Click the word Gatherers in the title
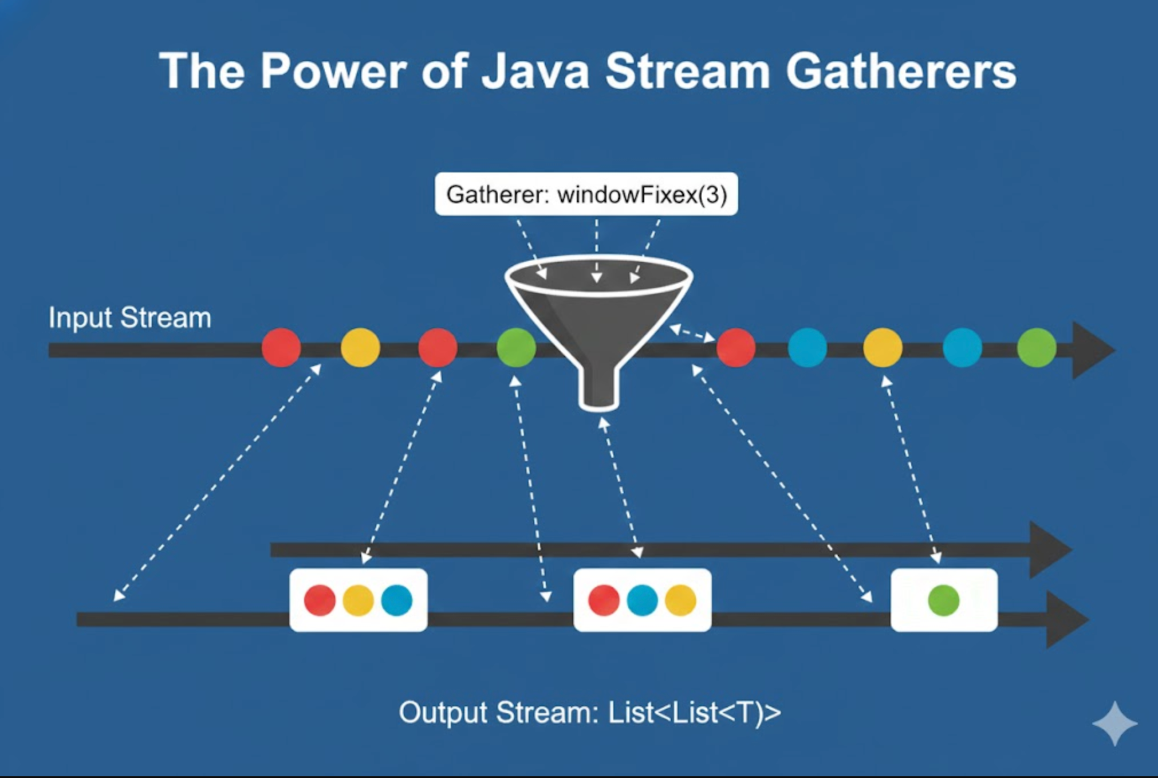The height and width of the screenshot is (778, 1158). tap(901, 72)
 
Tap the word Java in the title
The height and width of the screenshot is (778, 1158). tap(535, 72)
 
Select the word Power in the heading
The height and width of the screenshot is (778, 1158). tap(333, 72)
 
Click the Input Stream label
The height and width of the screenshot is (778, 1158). tap(130, 317)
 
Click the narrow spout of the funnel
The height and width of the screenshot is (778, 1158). tap(599, 390)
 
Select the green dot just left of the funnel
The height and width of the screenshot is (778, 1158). tap(516, 347)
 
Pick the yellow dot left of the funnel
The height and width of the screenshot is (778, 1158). tap(360, 347)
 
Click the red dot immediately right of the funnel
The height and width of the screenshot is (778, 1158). tap(736, 347)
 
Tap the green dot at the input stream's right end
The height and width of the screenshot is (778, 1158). tap(1037, 347)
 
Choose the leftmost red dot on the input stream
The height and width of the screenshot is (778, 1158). tap(281, 347)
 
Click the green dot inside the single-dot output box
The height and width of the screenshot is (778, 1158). tap(943, 600)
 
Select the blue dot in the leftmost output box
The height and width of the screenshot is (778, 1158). tap(396, 600)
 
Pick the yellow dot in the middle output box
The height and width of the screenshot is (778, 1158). tap(680, 600)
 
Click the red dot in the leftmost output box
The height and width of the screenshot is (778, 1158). tap(320, 600)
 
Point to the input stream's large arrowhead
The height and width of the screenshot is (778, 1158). tap(1091, 350)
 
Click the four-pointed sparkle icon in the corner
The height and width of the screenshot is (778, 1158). tap(1114, 723)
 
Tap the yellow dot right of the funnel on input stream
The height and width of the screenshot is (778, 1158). tap(883, 347)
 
